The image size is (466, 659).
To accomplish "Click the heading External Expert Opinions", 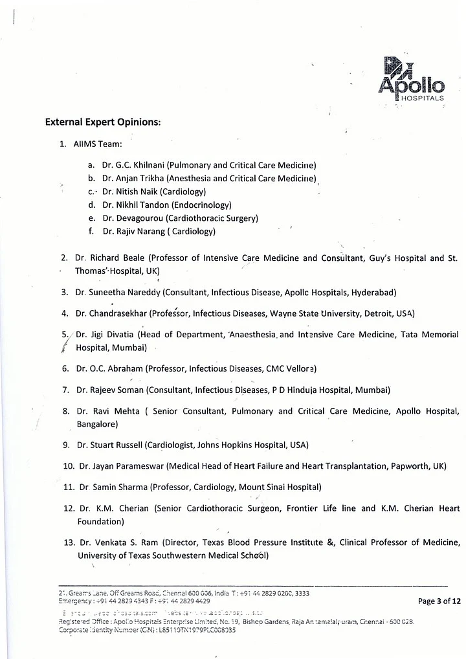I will [103, 122].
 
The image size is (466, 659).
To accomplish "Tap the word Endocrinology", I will [199, 205].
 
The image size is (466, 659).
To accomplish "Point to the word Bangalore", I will [96, 424].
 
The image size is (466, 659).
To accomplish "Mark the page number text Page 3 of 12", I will [439, 601].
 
